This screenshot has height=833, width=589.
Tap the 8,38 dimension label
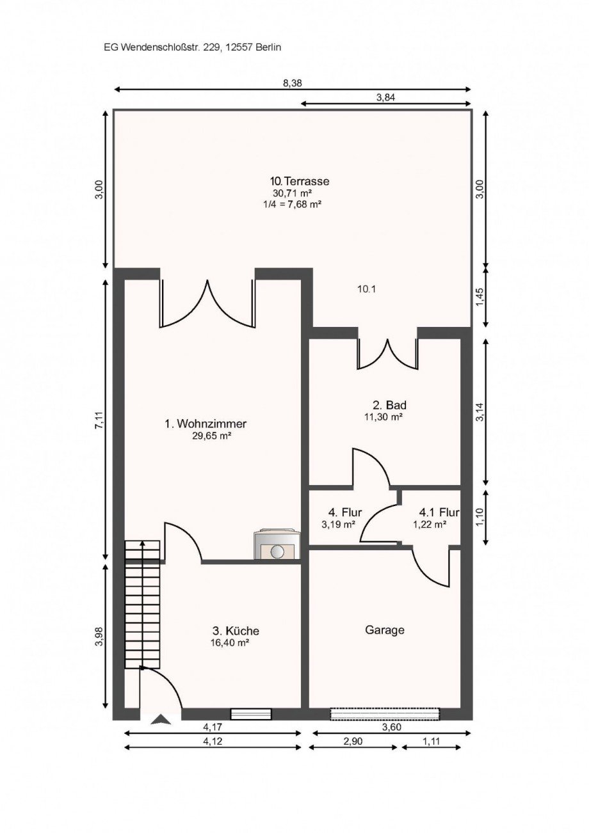point(293,83)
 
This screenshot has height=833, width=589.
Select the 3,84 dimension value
point(386,97)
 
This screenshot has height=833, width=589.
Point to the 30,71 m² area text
point(293,193)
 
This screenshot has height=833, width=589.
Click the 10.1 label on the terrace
point(366,289)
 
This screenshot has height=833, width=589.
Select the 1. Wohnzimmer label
point(206,423)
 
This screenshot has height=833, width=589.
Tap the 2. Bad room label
point(389,404)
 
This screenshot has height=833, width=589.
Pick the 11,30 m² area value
point(384,416)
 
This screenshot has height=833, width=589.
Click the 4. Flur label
point(345,512)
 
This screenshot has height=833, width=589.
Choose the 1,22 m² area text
point(430,525)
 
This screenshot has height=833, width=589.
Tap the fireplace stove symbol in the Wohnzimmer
point(277,544)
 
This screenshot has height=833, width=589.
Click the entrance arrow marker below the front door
point(161,720)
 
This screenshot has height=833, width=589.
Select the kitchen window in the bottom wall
point(251,715)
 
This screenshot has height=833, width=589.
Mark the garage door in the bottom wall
point(385,715)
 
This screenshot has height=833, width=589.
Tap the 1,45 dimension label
point(480,297)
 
